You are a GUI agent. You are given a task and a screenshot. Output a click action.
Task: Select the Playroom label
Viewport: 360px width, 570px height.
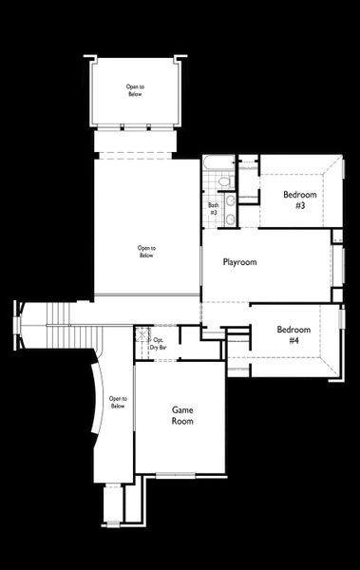pos(241,261)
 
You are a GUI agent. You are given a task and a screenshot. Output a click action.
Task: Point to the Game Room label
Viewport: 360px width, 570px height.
pos(182,415)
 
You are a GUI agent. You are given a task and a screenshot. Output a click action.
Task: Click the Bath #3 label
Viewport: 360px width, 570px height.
pos(213,208)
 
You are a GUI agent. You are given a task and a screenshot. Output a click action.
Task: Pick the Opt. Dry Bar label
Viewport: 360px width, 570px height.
pos(159,344)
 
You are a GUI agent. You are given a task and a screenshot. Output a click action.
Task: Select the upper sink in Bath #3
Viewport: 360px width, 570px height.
pos(228,199)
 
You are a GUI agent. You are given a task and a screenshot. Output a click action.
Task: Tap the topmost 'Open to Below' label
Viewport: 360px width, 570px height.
pos(134,91)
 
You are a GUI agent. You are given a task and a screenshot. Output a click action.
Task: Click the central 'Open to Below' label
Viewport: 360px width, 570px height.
pos(146,252)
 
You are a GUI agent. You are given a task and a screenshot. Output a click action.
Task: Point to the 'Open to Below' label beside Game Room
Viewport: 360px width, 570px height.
pos(117,402)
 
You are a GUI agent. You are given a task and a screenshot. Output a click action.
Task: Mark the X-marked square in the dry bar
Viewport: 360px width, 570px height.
pos(142,334)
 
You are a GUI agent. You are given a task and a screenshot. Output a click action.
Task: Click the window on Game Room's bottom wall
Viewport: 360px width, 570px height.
pos(175,473)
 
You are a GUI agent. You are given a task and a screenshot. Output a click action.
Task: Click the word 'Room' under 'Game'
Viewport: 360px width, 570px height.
pos(182,421)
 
